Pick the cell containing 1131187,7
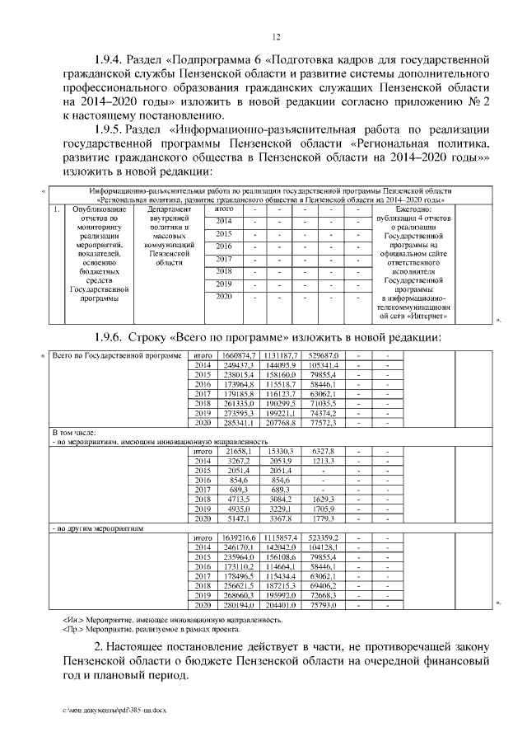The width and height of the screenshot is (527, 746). [x=281, y=355]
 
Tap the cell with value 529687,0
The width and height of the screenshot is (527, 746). [x=322, y=355]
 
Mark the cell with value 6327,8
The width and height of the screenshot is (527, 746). [x=322, y=452]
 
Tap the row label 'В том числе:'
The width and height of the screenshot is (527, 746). [x=75, y=433]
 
